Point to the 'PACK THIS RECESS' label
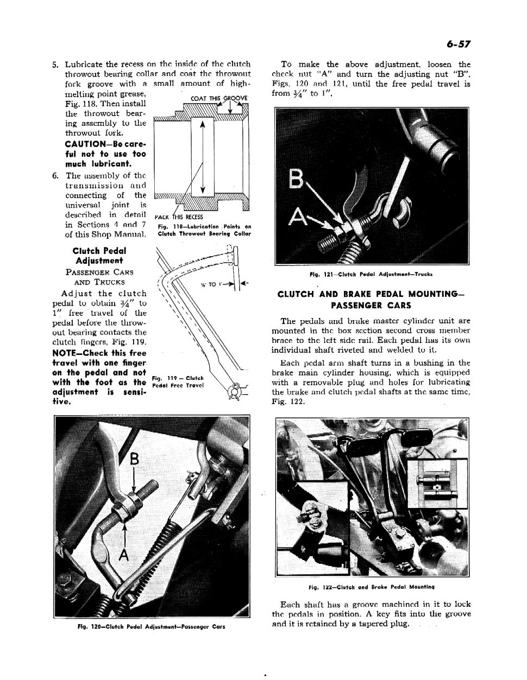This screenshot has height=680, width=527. pos(179,217)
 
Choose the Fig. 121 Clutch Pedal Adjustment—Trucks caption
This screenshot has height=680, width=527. pos(371,275)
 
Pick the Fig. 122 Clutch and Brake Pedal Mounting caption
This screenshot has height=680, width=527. pos(371,587)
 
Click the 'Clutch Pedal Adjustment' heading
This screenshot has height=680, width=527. pos(99,256)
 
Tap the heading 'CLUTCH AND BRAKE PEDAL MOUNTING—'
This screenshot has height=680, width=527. pos(371,294)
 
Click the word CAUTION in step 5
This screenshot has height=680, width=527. pos(85,144)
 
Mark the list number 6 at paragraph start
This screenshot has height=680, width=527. pos(55,176)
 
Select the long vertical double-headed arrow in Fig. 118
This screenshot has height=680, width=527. pos(202,156)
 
